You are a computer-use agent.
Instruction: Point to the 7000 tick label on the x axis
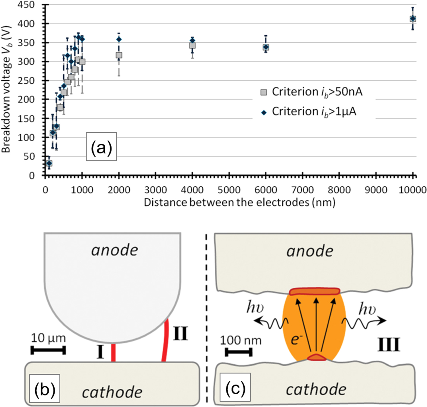click(x=302, y=190)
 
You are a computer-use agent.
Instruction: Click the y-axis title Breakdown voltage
click(x=6, y=89)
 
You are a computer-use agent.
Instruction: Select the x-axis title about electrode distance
click(x=239, y=202)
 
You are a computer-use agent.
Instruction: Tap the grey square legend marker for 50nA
click(x=264, y=92)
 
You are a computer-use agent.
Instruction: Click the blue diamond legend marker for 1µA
click(x=264, y=113)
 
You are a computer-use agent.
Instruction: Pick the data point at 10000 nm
click(x=412, y=19)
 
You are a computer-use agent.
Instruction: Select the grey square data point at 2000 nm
click(x=119, y=55)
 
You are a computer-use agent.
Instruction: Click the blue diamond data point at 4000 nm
click(x=192, y=40)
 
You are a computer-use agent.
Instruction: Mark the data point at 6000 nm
click(x=266, y=47)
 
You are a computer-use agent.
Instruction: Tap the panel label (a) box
click(x=101, y=146)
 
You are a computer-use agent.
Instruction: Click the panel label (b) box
click(x=44, y=388)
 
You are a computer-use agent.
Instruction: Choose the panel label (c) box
click(x=235, y=387)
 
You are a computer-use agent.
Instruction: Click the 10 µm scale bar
click(x=48, y=350)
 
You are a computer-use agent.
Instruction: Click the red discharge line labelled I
click(x=113, y=352)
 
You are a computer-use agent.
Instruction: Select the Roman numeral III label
click(x=389, y=345)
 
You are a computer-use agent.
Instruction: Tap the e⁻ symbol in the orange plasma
click(x=297, y=340)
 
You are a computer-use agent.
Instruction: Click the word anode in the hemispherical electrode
click(x=114, y=250)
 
